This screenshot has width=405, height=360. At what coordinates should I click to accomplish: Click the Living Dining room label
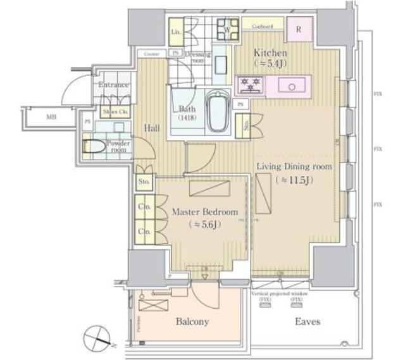pyautogui.click(x=294, y=166)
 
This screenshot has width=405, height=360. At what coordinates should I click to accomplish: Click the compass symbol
pyautogui.click(x=98, y=336)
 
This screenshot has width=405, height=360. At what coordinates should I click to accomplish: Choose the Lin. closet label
pyautogui.click(x=177, y=30)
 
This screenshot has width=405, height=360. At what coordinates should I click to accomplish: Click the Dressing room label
pyautogui.click(x=198, y=58)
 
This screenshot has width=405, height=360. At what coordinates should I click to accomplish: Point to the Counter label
pyautogui.click(x=151, y=54)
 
